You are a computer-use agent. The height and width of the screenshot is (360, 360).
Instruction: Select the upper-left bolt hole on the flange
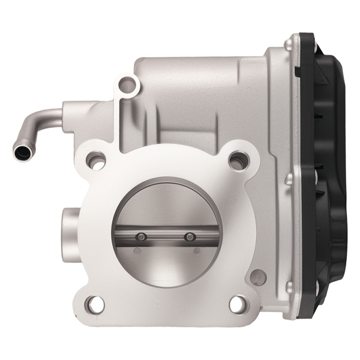[x=95, y=160]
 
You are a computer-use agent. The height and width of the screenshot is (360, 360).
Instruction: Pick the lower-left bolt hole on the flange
[x=94, y=304]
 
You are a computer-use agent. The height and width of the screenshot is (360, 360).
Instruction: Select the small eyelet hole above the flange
[x=127, y=85]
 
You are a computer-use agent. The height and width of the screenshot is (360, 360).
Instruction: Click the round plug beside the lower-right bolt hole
[x=257, y=277]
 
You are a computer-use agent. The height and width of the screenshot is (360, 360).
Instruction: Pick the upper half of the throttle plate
[x=165, y=204]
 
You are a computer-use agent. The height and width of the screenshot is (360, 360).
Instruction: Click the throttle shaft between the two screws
[x=166, y=236]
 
